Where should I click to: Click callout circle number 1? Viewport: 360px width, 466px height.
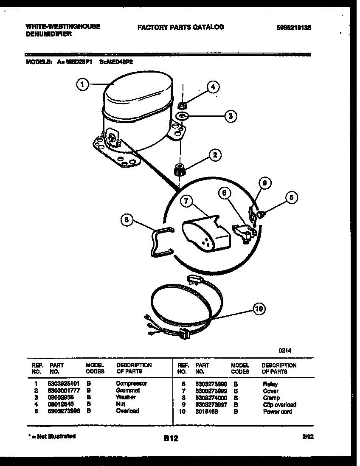point(83,85)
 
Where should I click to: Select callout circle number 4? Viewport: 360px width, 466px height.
point(213,87)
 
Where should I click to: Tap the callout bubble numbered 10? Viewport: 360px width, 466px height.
point(259,309)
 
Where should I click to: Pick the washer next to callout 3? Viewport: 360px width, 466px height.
point(182,116)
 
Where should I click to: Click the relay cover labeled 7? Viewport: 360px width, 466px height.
point(204,233)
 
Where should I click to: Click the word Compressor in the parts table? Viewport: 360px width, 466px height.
point(132,383)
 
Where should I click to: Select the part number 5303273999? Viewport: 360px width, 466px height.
point(211,390)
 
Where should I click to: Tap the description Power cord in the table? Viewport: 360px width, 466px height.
point(277,412)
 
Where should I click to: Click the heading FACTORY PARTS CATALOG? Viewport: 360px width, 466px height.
point(180,27)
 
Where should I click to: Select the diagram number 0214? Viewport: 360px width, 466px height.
point(284,351)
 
